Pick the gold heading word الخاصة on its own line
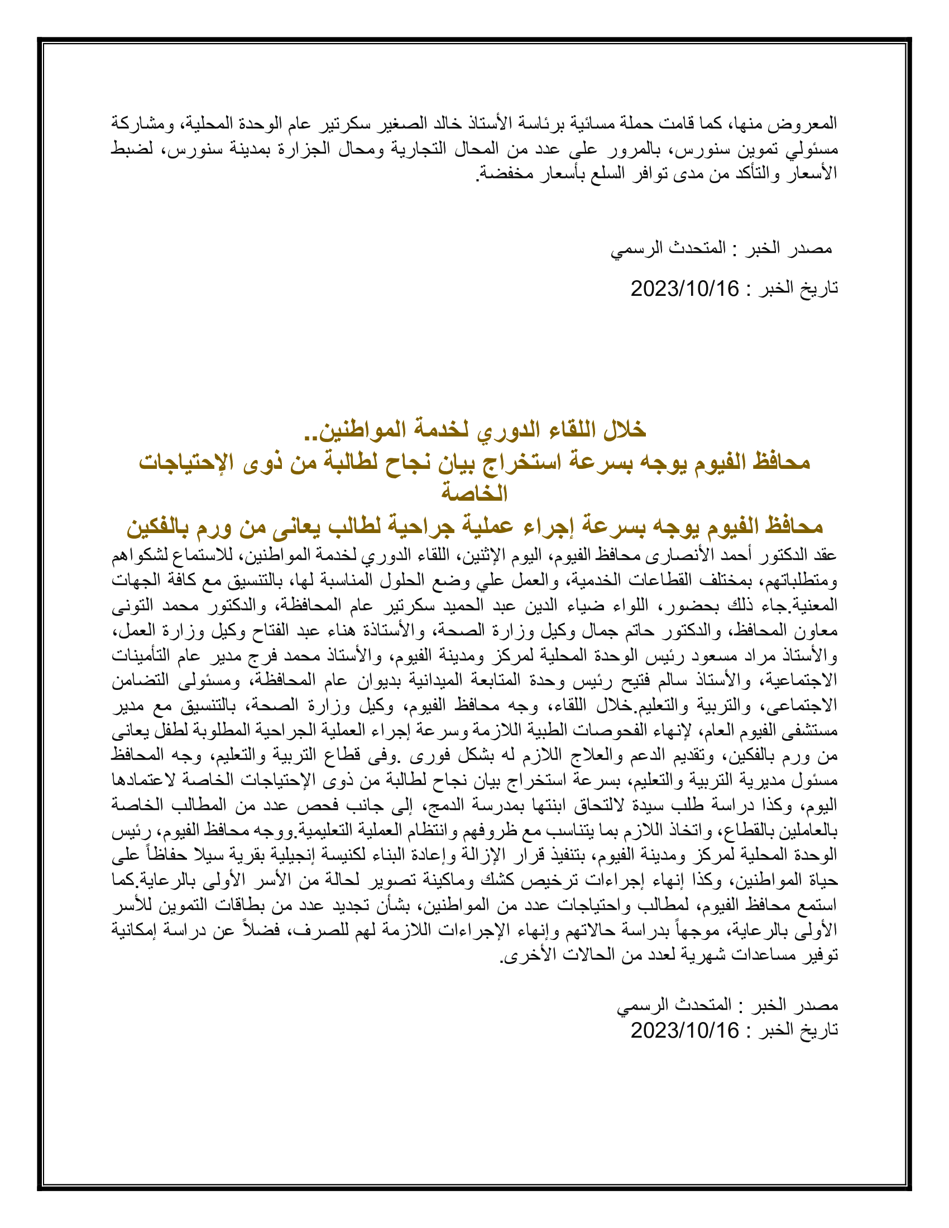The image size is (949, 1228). click(x=474, y=493)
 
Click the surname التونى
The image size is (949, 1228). click(x=132, y=606)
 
